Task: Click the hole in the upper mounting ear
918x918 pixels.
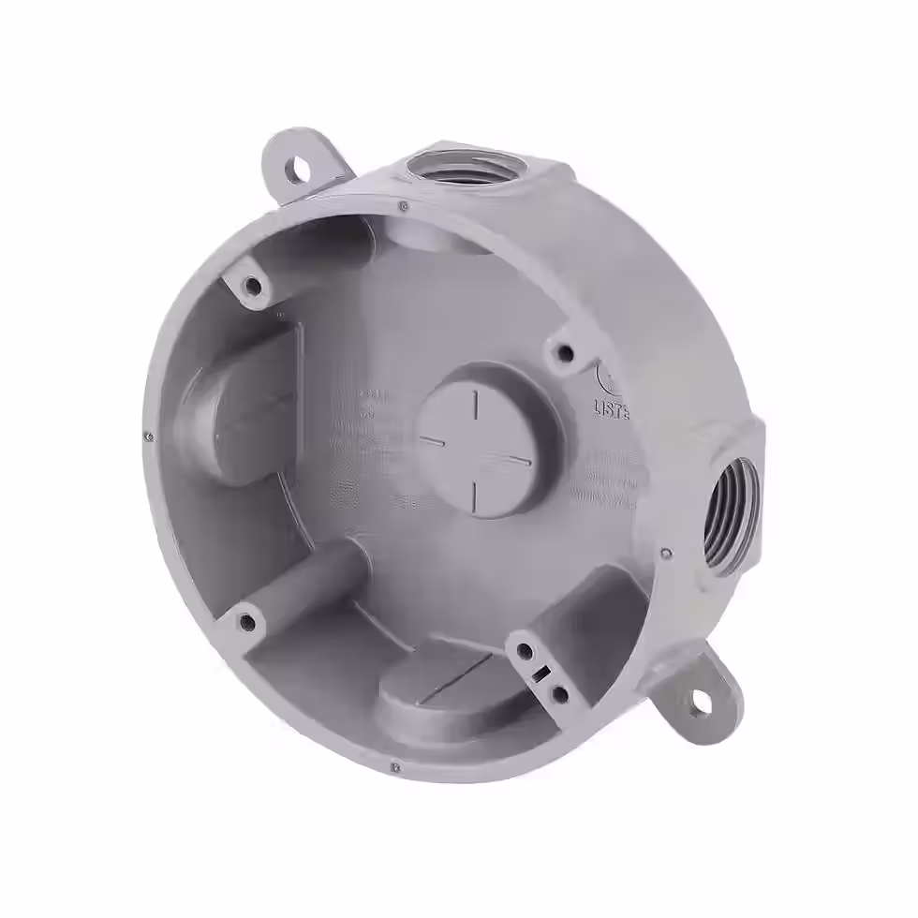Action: (x=301, y=169)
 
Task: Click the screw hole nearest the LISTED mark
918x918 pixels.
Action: (x=564, y=352)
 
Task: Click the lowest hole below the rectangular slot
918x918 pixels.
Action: (x=559, y=693)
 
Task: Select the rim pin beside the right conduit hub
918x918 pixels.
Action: (x=663, y=553)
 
